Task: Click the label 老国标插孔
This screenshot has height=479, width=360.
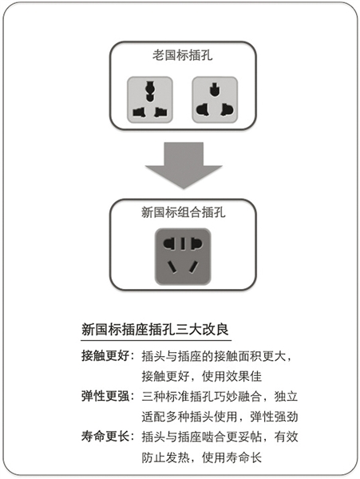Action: coord(182,55)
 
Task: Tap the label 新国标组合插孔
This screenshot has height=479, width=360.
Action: coord(184,212)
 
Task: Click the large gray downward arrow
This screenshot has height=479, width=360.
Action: coord(184,165)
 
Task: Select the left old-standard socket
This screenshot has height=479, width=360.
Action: coord(150,100)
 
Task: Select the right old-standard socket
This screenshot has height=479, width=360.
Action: coord(215,100)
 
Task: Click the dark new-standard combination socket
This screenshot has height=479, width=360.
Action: coord(183,256)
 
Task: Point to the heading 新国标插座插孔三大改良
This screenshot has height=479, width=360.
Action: coord(155,330)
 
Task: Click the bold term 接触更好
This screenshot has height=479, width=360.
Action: coord(105,356)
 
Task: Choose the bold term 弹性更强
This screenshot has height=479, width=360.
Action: coord(105,396)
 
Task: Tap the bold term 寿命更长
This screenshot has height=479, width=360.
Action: coord(105,437)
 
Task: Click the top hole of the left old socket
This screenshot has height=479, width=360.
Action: coord(149,91)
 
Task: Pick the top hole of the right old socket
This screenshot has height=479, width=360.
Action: coord(215,89)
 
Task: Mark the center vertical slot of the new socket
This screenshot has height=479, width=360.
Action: coord(183,243)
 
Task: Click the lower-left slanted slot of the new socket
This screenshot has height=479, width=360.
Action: coord(172,267)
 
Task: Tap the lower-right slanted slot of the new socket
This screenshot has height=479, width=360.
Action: coord(194,267)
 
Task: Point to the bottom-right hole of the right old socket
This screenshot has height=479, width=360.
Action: coord(227,109)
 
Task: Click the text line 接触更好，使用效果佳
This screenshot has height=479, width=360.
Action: coord(201,376)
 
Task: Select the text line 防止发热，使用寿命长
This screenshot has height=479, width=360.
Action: coord(201,457)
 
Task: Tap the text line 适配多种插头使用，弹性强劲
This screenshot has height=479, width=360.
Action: coord(220,417)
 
